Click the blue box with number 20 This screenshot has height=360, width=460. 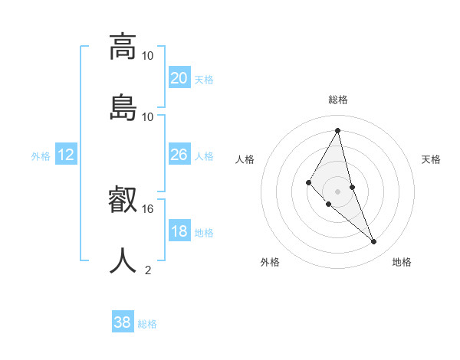click(x=179, y=77)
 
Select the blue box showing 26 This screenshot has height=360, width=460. click(x=179, y=155)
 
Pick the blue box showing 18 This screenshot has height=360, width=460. click(x=179, y=232)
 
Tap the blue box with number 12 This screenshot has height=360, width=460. click(x=66, y=155)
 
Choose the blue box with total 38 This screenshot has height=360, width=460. click(x=123, y=322)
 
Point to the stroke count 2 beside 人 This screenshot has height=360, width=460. click(x=148, y=270)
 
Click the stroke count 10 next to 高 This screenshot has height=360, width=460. click(x=148, y=55)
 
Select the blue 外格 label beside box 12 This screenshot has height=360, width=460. click(x=41, y=156)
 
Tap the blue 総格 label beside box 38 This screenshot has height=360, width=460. click(x=147, y=324)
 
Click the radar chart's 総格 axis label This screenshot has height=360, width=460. click(x=338, y=100)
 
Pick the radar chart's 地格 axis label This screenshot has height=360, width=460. click(x=402, y=262)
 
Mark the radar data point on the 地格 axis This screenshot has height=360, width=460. click(x=374, y=242)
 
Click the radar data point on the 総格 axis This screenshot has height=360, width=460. click(x=338, y=130)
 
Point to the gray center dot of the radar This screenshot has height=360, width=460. click(x=338, y=191)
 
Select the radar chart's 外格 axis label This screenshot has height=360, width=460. click(x=270, y=262)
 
